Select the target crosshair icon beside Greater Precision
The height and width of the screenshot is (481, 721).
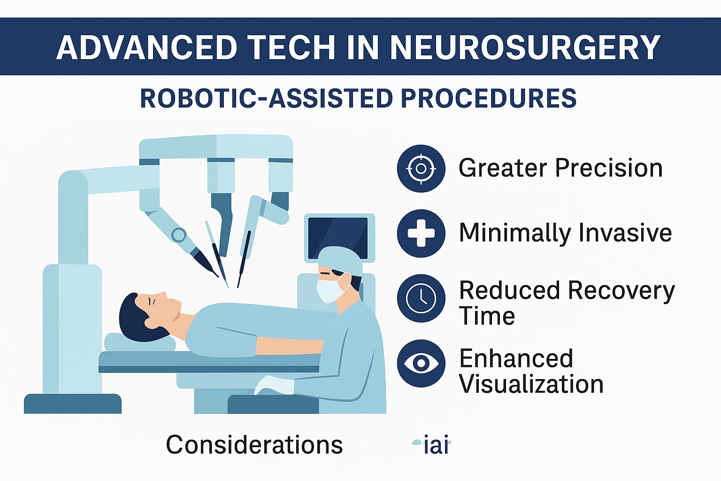[x=421, y=168]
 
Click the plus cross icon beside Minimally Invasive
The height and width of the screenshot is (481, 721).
[x=421, y=233]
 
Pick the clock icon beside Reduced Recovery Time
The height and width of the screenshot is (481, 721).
[x=421, y=298]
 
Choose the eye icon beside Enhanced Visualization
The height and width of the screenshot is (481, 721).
[x=421, y=363]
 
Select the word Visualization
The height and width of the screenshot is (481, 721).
[x=531, y=384]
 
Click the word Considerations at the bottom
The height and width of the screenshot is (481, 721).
[x=254, y=445]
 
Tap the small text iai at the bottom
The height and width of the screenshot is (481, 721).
[x=436, y=445]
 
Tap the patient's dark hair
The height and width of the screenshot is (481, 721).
[x=134, y=319]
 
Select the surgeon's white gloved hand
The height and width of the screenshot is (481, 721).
[x=275, y=386]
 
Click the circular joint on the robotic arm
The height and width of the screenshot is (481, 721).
[x=178, y=234]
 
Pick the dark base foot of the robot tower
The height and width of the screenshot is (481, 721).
[x=73, y=403]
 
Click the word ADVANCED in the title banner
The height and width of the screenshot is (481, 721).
[x=147, y=47]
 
